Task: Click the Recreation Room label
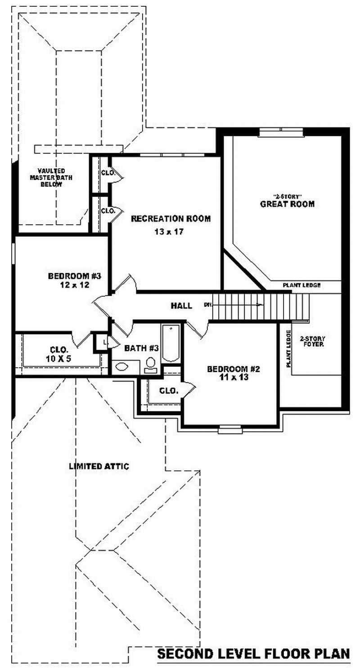pos(171,219)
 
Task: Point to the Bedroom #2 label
pos(234,369)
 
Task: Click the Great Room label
pos(287,204)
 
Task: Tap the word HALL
pos(181,306)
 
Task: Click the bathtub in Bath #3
pos(171,343)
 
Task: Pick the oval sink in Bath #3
pos(121,366)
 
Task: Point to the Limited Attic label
pos(99,466)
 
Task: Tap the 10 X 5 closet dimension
pos(59,358)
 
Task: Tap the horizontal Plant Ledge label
pos(301,285)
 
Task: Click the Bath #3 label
pos(141,348)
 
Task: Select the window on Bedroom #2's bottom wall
pos(230,429)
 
